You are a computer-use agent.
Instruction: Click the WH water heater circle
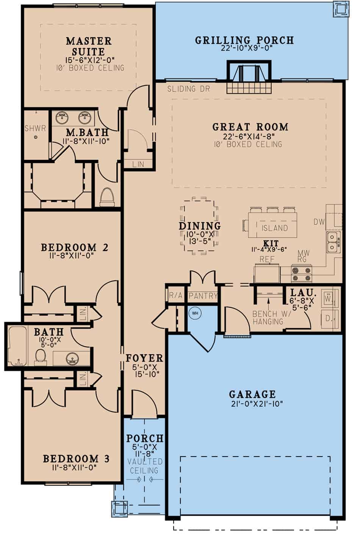tap(195, 313)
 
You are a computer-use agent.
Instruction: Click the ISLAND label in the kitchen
tap(275, 228)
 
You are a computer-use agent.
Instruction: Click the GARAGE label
tap(252, 394)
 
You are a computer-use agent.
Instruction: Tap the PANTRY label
tap(203, 296)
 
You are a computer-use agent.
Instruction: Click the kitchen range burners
tap(302, 274)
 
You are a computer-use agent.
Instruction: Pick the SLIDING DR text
tap(188, 89)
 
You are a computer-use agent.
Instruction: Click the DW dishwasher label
tap(319, 222)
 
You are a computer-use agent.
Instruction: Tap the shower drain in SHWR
tap(36, 137)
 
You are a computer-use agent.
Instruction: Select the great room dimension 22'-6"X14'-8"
tap(249, 136)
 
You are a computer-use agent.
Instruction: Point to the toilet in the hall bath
tap(40, 356)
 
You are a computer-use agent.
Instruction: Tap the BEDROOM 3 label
tap(76, 459)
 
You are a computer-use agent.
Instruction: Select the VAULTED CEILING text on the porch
tap(144, 466)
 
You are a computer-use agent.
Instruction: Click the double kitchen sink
tap(333, 242)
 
